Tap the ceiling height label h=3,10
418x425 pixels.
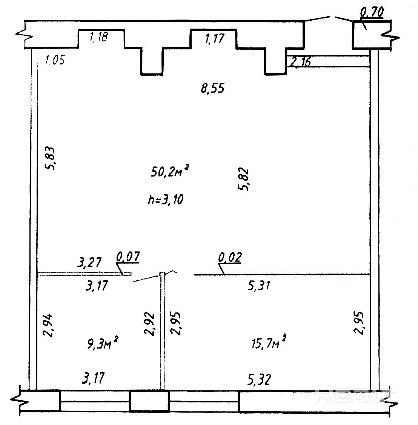click(166, 200)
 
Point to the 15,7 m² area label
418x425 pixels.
click(269, 342)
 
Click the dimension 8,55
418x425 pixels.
click(212, 88)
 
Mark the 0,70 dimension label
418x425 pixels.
click(372, 12)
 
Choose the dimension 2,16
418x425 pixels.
click(300, 62)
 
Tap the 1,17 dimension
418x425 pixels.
click(215, 38)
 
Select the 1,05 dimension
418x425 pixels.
click(55, 59)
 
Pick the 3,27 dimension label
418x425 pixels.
click(89, 262)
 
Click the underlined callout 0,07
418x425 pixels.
click(128, 256)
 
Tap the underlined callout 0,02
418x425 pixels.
click(230, 257)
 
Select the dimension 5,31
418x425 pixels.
click(259, 286)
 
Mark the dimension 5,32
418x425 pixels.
click(259, 379)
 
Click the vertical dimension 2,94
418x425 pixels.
click(49, 325)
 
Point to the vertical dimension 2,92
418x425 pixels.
click(149, 324)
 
